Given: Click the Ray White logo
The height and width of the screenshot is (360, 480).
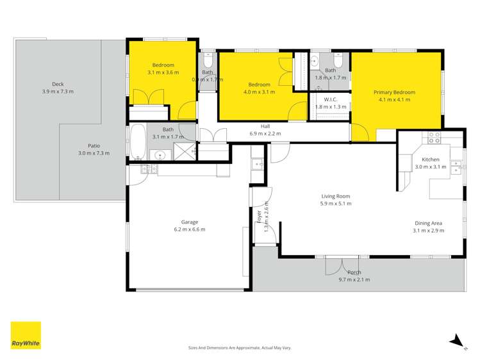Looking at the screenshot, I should pos(26,335).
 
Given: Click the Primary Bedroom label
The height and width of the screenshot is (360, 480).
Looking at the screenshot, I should pos(394,92).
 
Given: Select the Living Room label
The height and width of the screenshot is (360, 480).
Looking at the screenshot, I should pos(336,196).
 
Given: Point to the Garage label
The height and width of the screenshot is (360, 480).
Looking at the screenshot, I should pos(189,222).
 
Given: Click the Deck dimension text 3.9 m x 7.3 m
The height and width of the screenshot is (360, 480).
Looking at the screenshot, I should pos(53,92).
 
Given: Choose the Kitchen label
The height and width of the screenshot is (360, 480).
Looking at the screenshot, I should pos(430,159).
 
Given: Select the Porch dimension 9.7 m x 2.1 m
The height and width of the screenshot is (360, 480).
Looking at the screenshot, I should pos(354,279).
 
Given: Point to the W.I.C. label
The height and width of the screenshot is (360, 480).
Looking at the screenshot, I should pos(331,99).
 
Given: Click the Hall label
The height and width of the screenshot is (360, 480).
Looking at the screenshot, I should pos(265,126).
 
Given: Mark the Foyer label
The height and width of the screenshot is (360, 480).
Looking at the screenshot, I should pos(260,218).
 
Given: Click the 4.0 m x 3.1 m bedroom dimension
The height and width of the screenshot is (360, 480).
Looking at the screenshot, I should pos(259,92).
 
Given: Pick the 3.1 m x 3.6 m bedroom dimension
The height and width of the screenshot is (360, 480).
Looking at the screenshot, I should pos(163,72).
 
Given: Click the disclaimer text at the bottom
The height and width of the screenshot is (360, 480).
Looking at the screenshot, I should pos(240,348).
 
